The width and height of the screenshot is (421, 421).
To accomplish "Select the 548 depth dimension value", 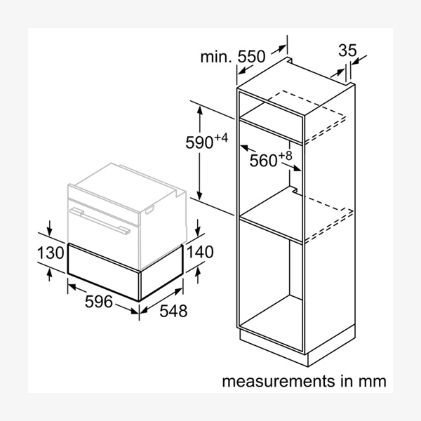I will click(x=173, y=310).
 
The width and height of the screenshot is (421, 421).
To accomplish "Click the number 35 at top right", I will click(x=347, y=51).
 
